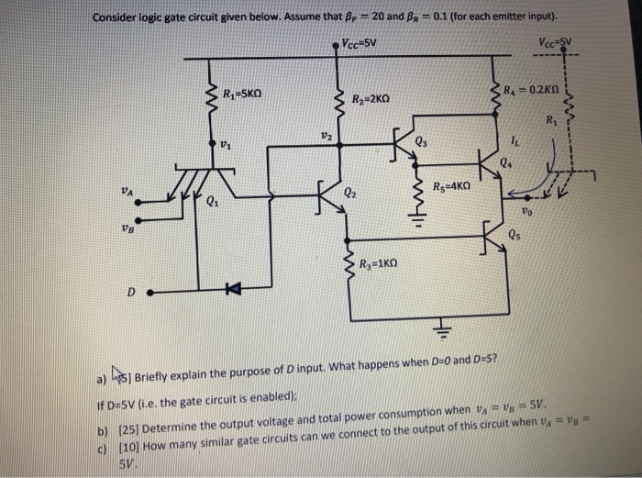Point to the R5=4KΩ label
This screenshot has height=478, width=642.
point(452,183)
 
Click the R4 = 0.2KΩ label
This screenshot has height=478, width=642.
point(537,89)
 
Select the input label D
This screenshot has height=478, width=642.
point(131,293)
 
